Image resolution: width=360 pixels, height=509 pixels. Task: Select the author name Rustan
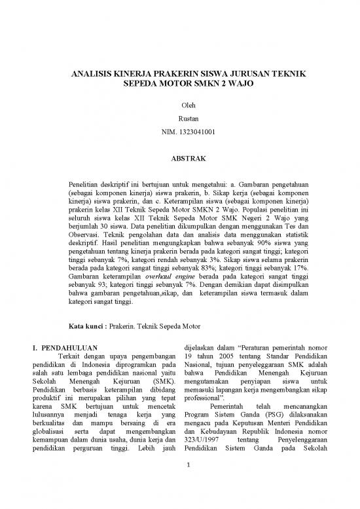[x=179, y=119]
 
